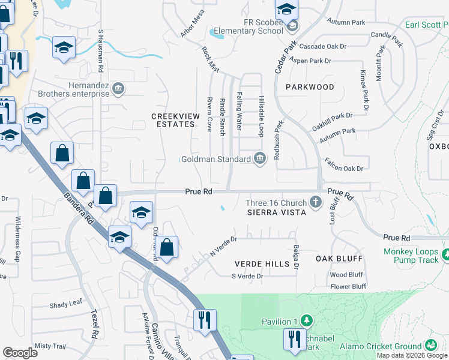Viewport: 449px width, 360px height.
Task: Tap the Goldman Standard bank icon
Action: (x=260, y=159)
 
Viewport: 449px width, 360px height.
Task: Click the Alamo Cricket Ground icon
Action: (x=430, y=346)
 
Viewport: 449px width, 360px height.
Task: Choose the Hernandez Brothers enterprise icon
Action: (x=118, y=89)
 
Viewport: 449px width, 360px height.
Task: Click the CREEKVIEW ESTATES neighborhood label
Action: (x=173, y=120)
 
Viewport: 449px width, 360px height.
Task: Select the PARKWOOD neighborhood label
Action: (x=310, y=87)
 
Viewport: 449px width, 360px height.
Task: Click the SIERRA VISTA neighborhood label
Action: (x=277, y=212)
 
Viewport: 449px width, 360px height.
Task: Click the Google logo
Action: (x=20, y=353)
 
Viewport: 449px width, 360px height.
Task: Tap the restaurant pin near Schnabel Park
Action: (x=293, y=338)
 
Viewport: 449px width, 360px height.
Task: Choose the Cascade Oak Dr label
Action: (x=324, y=46)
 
